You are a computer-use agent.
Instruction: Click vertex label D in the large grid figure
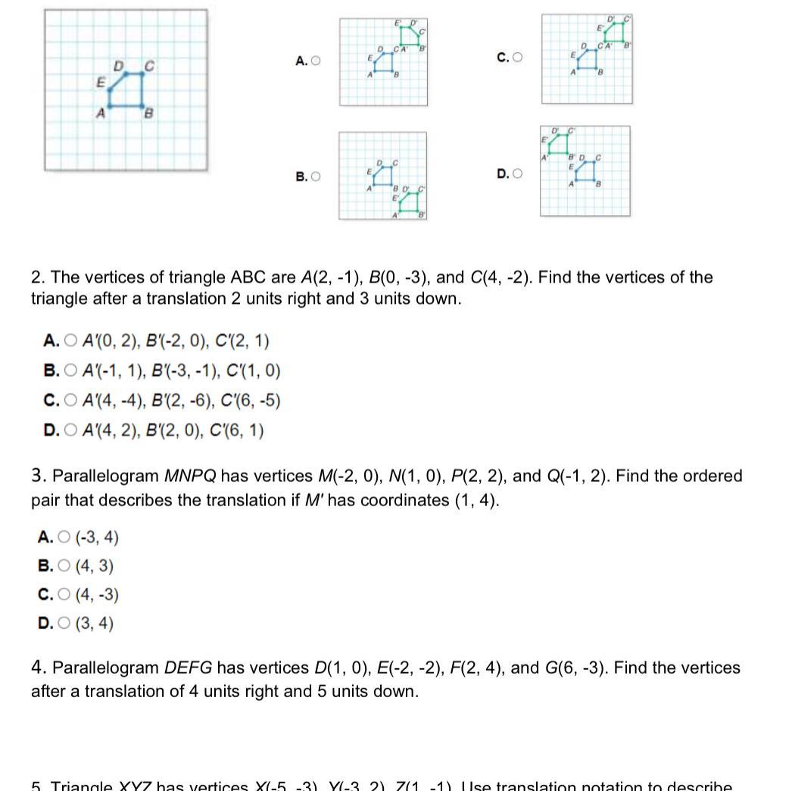tap(118, 67)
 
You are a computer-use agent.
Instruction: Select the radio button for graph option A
tap(316, 61)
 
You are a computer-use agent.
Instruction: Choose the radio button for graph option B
tap(316, 177)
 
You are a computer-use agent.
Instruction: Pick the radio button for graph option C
tap(518, 57)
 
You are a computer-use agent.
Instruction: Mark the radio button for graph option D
tap(518, 174)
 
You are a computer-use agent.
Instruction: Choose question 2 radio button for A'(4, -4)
tap(71, 401)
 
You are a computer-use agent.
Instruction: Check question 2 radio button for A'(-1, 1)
tap(71, 371)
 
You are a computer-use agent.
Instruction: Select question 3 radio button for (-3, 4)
tap(64, 538)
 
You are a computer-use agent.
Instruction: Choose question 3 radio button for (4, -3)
tap(64, 595)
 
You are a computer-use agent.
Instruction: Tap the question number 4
tap(36, 668)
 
